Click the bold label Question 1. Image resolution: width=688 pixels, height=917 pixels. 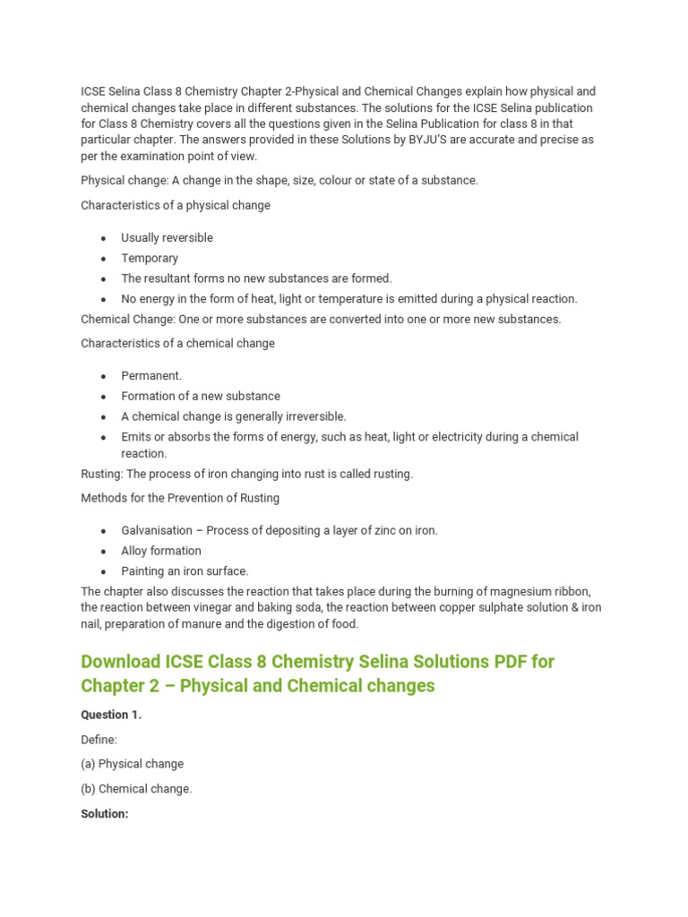(x=111, y=715)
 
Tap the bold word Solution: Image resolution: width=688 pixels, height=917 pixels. (x=105, y=814)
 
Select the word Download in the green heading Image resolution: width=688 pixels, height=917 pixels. (x=120, y=662)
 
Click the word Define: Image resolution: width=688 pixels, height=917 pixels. (x=99, y=740)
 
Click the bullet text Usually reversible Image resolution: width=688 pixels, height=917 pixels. (x=167, y=237)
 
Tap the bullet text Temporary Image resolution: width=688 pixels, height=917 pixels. (x=150, y=258)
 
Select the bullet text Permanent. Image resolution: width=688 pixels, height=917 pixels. (x=151, y=375)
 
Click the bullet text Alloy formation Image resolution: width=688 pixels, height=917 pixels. (x=161, y=551)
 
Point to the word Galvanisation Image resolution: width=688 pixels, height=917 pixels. (x=156, y=530)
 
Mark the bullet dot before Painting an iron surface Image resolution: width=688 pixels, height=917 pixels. (x=104, y=571)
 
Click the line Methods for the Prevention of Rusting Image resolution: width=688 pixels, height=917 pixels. (x=180, y=498)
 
